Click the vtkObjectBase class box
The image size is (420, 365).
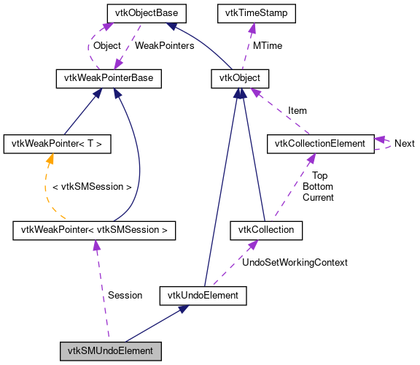tap(147, 13)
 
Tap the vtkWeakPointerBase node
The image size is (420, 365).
tap(109, 77)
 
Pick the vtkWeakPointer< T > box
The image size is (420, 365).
tap(57, 144)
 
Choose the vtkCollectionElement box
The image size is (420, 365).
tap(320, 144)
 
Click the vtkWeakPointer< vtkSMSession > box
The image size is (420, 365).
tap(94, 231)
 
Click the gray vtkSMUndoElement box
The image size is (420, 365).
tap(110, 351)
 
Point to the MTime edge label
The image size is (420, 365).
tap(268, 45)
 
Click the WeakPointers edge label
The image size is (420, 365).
tap(165, 45)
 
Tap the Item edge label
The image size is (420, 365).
tap(297, 110)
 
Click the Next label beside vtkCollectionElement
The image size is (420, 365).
tap(404, 144)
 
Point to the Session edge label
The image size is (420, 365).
tap(125, 295)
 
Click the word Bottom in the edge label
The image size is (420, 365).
tap(318, 187)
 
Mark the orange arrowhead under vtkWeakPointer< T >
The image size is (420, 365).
tap(51, 158)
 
